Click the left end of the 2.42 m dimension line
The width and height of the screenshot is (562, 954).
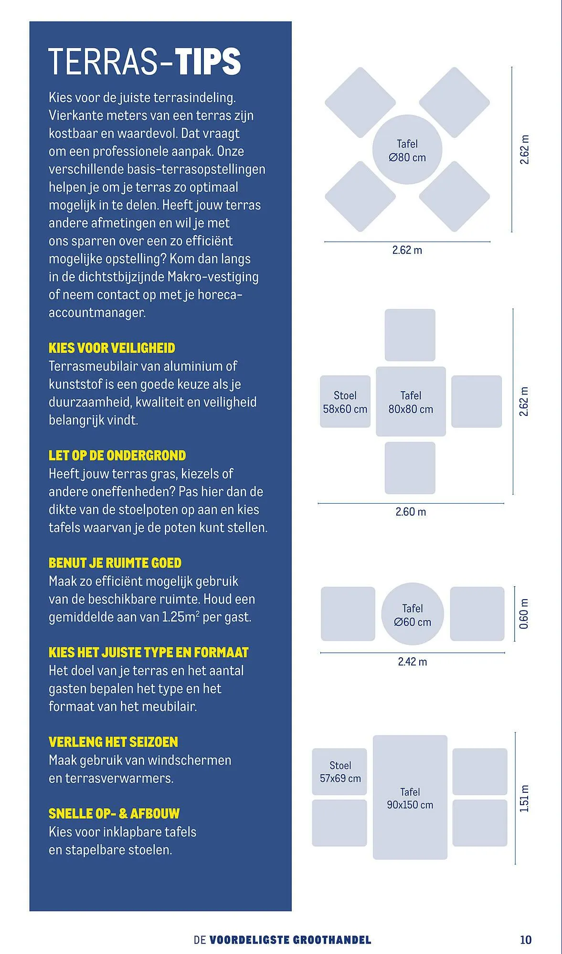tap(321, 653)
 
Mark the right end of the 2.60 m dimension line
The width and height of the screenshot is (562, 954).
tap(504, 503)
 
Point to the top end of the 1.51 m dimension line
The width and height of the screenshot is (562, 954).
tap(516, 732)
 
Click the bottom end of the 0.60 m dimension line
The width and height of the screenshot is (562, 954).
tap(515, 641)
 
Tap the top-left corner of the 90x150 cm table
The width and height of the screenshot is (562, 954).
tap(373, 736)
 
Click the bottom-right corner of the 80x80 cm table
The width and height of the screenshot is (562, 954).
tap(445, 436)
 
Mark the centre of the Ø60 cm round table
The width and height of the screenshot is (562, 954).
tap(413, 614)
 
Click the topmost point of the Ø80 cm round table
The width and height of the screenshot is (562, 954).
tap(407, 114)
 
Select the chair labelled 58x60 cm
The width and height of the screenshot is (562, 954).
tap(345, 402)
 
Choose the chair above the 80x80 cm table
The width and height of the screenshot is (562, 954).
tap(410, 335)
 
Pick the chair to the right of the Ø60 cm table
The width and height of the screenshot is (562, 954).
tap(477, 614)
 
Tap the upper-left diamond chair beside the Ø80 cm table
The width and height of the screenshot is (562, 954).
tap(361, 103)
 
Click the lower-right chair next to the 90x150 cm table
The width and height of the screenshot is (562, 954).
tap(480, 823)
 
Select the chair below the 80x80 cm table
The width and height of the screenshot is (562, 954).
tap(410, 468)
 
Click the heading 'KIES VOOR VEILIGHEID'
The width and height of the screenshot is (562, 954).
tap(112, 348)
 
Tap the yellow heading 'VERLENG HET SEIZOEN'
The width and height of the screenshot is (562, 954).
tap(114, 742)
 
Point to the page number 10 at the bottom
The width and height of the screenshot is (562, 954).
tap(526, 940)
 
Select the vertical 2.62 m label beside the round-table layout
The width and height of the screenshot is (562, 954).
tap(525, 150)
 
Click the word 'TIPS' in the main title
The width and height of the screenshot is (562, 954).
tap(208, 62)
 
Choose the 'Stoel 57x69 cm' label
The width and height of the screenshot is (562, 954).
tap(340, 772)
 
